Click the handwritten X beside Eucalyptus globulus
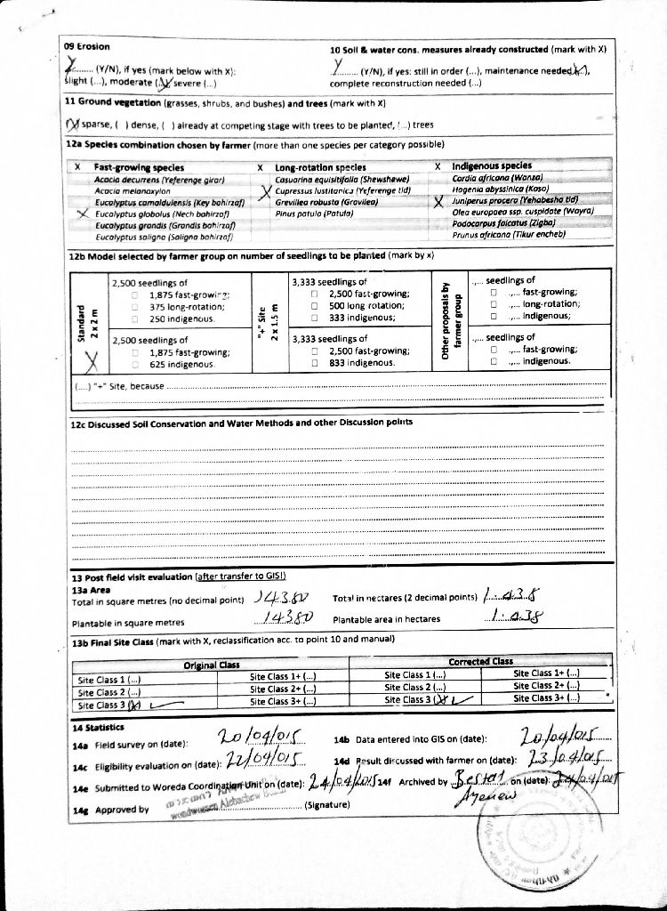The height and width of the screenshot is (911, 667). click(x=83, y=214)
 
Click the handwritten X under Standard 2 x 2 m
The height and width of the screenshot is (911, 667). click(x=90, y=360)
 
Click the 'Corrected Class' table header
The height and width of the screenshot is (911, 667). click(x=480, y=661)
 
